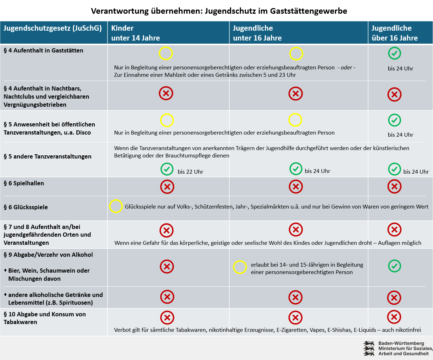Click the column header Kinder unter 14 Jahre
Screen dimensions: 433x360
[135, 33]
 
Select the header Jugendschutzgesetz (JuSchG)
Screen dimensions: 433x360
[53, 28]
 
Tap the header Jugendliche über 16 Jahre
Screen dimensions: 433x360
[395, 33]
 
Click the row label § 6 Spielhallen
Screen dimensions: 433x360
[24, 183]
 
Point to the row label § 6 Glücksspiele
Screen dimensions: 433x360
[26, 207]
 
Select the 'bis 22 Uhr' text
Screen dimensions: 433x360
[190, 172]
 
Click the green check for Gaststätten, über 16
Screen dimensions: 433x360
[395, 53]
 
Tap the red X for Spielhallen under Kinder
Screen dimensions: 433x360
[167, 187]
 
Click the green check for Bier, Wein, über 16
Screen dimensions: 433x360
[395, 266]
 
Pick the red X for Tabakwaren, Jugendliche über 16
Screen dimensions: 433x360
[394, 317]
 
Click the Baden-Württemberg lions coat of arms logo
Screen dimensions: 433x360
[369, 348]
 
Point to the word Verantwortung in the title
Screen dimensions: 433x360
[120, 11]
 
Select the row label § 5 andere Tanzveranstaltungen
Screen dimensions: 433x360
[48, 156]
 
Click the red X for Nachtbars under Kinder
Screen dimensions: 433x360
[166, 93]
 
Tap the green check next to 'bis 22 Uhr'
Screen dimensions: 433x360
[167, 169]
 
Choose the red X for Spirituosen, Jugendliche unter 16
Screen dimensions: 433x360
[296, 297]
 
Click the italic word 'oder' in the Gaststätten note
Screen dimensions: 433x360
[346, 68]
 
